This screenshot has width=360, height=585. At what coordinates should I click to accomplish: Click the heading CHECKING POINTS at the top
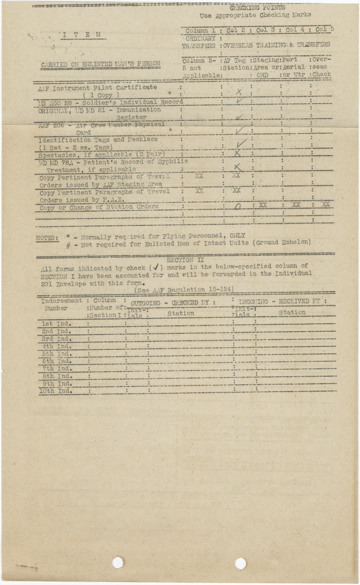click(x=252, y=8)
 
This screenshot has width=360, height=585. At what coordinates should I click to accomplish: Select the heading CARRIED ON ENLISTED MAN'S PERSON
click(x=100, y=65)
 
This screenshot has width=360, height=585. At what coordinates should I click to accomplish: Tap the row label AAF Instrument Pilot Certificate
click(x=97, y=88)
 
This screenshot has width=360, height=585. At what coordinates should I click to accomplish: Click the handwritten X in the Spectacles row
click(x=238, y=153)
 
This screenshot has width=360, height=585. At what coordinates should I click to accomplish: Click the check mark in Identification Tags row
click(x=241, y=143)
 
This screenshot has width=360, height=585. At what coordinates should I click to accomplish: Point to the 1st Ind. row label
click(x=56, y=323)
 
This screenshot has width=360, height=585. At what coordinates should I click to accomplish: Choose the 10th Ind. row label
click(x=56, y=391)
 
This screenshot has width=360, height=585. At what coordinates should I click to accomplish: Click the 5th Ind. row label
click(x=56, y=354)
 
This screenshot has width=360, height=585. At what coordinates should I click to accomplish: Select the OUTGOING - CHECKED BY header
click(x=173, y=302)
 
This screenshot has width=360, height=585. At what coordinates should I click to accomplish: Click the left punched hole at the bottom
click(x=118, y=563)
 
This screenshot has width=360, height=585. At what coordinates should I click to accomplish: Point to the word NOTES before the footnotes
click(x=46, y=237)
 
